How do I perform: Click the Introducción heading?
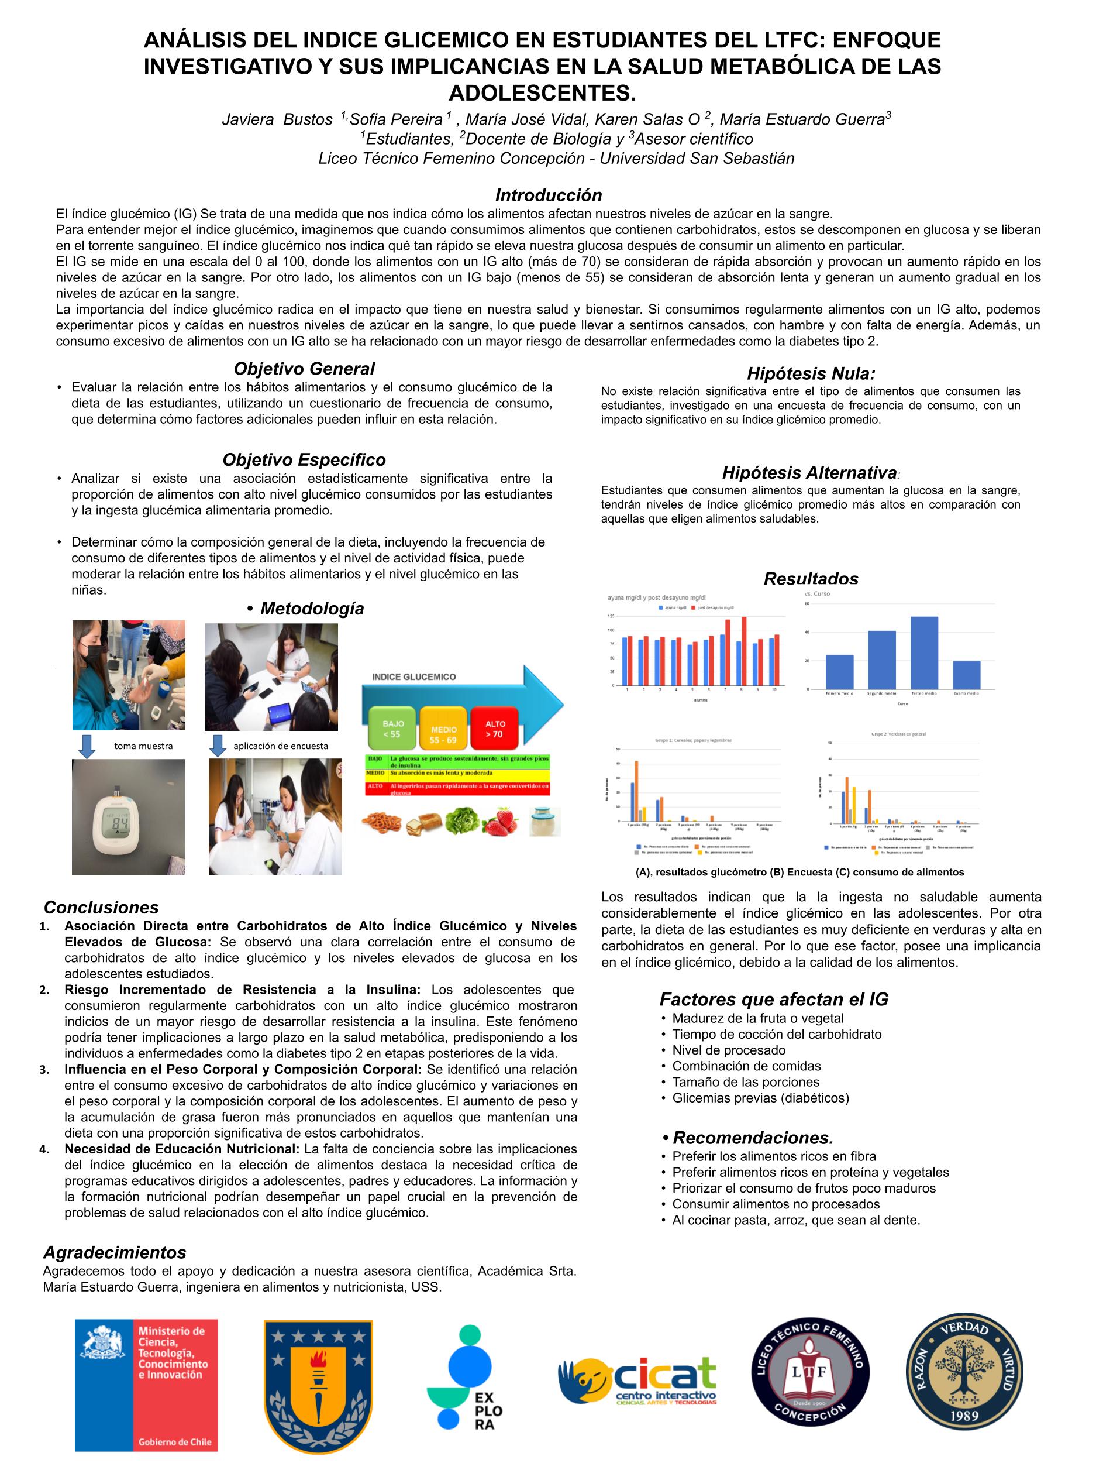click(x=548, y=195)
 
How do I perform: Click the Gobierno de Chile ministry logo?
click(x=146, y=1385)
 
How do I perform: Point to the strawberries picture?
click(x=495, y=822)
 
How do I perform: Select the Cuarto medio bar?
click(x=966, y=675)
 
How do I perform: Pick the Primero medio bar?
click(x=839, y=671)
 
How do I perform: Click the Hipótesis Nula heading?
click(x=811, y=374)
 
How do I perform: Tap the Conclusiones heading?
click(x=101, y=908)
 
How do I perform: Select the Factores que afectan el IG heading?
click(x=773, y=1000)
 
